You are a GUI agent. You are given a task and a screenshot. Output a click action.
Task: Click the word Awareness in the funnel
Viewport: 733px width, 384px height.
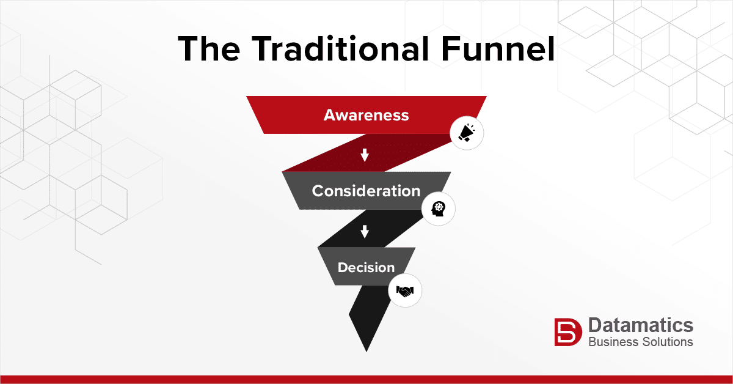(x=366, y=115)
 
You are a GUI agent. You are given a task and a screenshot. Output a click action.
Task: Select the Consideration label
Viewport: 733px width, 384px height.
(x=366, y=191)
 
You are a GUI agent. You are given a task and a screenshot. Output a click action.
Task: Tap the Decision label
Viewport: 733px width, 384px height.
(x=366, y=267)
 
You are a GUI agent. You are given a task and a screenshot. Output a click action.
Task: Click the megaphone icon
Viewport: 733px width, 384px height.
(x=467, y=133)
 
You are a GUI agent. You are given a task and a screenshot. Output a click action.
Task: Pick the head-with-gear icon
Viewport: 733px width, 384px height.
(x=438, y=209)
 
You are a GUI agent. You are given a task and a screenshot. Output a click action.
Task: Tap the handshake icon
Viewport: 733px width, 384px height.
(x=405, y=290)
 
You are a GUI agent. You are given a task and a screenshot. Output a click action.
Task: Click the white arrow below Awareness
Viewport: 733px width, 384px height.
(x=365, y=155)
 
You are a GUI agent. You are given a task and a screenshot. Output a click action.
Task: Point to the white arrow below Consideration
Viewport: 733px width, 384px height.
(x=365, y=231)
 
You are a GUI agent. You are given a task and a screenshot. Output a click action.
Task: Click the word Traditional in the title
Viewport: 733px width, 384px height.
(x=340, y=48)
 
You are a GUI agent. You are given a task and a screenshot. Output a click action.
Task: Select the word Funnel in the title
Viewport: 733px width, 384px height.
(x=498, y=48)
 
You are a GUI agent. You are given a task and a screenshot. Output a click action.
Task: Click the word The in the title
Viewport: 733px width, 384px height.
(x=209, y=48)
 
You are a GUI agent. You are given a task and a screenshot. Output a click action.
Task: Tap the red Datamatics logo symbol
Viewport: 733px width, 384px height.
(x=568, y=332)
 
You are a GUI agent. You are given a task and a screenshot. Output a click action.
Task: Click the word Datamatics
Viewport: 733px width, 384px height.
(x=641, y=325)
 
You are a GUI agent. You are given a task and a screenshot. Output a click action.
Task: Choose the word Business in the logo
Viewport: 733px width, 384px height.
(x=613, y=342)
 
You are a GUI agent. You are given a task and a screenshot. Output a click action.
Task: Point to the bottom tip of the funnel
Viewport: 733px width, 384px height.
(x=366, y=352)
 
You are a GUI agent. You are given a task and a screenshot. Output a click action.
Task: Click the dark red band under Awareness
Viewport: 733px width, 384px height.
(x=366, y=153)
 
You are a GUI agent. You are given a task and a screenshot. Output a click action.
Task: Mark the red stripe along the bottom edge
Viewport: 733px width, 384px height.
(x=366, y=379)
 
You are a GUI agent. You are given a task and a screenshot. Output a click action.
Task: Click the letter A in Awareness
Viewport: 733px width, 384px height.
(x=330, y=115)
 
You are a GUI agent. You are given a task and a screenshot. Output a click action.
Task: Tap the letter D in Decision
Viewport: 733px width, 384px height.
(x=343, y=267)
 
